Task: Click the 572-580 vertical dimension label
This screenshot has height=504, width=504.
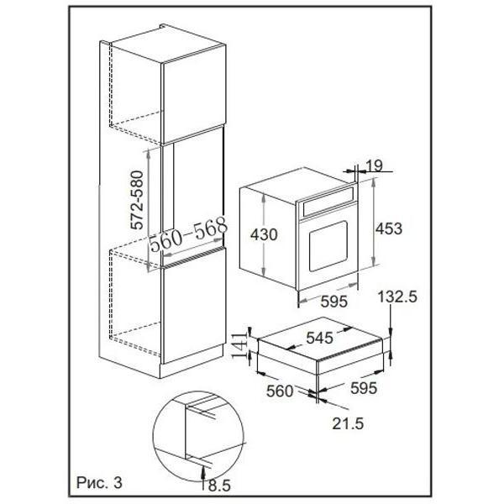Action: coord(137,200)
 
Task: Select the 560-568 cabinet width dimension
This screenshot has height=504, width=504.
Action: coord(189,234)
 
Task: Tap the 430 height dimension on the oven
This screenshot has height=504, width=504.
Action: coord(264,234)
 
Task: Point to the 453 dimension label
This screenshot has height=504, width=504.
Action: coord(389,228)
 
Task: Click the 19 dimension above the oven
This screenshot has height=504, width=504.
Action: coord(375,165)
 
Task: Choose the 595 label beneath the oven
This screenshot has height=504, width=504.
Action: coord(334,302)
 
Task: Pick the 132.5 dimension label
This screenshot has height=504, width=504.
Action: coord(397,297)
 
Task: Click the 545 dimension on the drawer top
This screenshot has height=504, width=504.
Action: coord(320,338)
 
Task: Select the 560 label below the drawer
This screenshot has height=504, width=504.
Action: coord(280,391)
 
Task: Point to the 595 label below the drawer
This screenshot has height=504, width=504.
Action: coord(364,388)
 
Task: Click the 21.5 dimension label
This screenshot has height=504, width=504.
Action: coord(348,423)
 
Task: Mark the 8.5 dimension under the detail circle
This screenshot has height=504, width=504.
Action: coord(219,486)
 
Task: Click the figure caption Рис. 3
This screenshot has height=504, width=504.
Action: coord(99,482)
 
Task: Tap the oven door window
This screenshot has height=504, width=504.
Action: coord(328,246)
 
